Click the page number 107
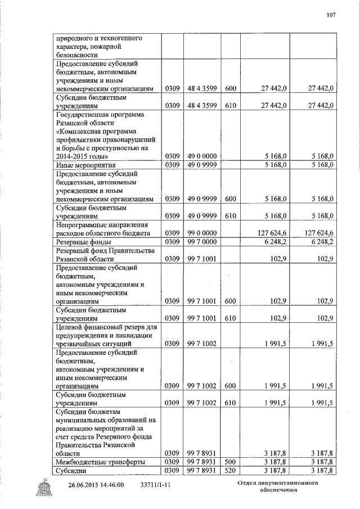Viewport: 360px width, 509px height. click(x=331, y=15)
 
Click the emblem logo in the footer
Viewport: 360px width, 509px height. click(x=44, y=485)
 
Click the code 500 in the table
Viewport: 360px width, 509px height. click(x=231, y=461)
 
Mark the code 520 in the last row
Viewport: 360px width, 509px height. click(x=231, y=470)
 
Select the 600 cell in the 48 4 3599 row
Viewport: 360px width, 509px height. click(x=231, y=88)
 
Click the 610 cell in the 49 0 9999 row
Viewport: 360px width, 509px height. click(x=231, y=215)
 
